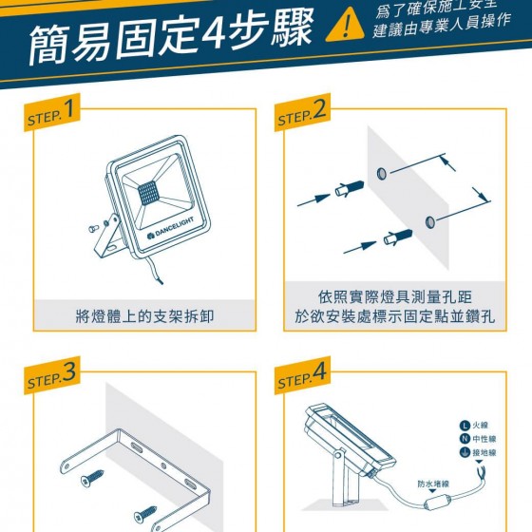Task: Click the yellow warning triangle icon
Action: (x=345, y=27)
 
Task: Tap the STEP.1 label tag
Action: (x=52, y=112)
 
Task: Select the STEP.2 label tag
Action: (x=302, y=112)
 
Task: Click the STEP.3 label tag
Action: (x=52, y=375)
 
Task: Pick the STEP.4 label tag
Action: (x=302, y=375)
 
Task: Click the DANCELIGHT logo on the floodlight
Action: (x=171, y=228)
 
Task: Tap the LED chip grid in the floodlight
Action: (x=148, y=193)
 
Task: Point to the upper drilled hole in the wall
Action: (x=381, y=174)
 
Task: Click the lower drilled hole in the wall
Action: (x=429, y=222)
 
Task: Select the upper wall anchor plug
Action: (x=350, y=188)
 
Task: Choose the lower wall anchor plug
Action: (x=398, y=237)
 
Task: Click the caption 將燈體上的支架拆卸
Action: (x=144, y=316)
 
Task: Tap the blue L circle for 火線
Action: (x=465, y=426)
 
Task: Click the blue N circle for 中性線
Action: (x=465, y=439)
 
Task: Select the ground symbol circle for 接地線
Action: (x=465, y=452)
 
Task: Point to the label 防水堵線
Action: (x=433, y=484)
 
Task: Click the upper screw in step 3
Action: (x=92, y=478)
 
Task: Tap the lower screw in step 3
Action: (x=145, y=514)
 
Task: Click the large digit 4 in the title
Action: (x=213, y=30)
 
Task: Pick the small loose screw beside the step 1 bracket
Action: (x=94, y=229)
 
